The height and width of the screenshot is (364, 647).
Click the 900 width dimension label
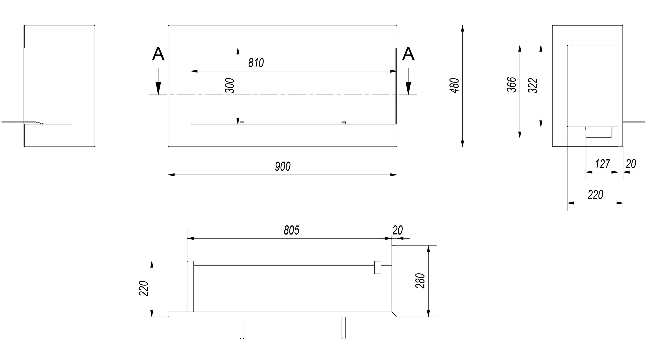pyautogui.click(x=283, y=167)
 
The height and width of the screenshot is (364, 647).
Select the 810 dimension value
pyautogui.click(x=256, y=63)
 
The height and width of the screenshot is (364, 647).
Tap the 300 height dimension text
pyautogui.click(x=230, y=86)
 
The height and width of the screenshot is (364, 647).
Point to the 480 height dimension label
pyautogui.click(x=455, y=86)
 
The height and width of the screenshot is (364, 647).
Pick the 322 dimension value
pyautogui.click(x=533, y=86)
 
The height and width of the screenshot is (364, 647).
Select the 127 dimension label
pyautogui.click(x=602, y=164)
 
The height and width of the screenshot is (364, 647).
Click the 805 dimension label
pyautogui.click(x=292, y=230)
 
